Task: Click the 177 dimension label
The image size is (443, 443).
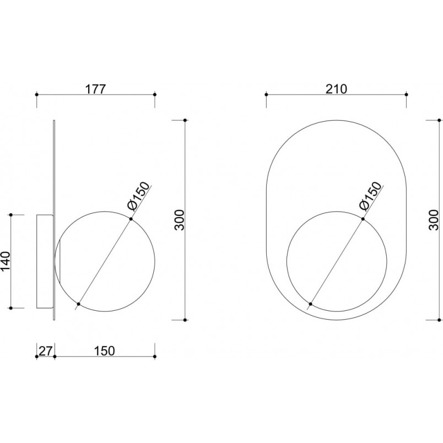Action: tap(95, 89)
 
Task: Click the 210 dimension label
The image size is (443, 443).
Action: tap(336, 89)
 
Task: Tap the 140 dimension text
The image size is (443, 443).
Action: tap(6, 261)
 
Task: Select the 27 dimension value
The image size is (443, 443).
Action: tap(46, 351)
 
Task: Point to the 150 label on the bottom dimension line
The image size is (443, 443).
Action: tap(105, 351)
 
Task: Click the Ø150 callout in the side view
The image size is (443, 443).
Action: tap(138, 196)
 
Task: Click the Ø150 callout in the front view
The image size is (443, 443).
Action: tap(371, 196)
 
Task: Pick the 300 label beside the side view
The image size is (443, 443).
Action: tap(179, 220)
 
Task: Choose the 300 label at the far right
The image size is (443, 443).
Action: tap(434, 220)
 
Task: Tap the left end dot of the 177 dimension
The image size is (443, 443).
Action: tap(36, 94)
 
